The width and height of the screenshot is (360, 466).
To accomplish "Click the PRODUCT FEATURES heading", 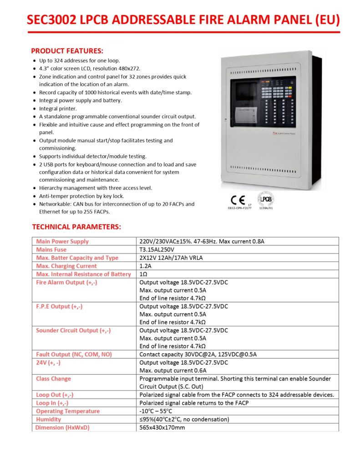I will coord(67,51).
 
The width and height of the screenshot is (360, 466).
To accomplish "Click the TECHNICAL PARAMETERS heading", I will coord(76,227).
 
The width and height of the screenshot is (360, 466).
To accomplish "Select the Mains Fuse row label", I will coord(51,249).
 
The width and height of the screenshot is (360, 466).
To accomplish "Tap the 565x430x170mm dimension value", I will coord(162,427).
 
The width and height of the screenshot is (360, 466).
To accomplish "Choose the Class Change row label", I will coord(53,379).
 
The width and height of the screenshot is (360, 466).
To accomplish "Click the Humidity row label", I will coord(48,419).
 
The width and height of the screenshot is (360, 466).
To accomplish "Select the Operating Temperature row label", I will coord(67,411).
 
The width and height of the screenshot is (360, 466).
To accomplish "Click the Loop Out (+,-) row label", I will coord(55,395).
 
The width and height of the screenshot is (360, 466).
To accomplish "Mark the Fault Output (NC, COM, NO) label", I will coord(74,354).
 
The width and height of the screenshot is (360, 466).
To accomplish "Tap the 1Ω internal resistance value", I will coord(143,274).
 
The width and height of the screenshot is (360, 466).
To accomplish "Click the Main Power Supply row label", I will coord(62,241).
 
